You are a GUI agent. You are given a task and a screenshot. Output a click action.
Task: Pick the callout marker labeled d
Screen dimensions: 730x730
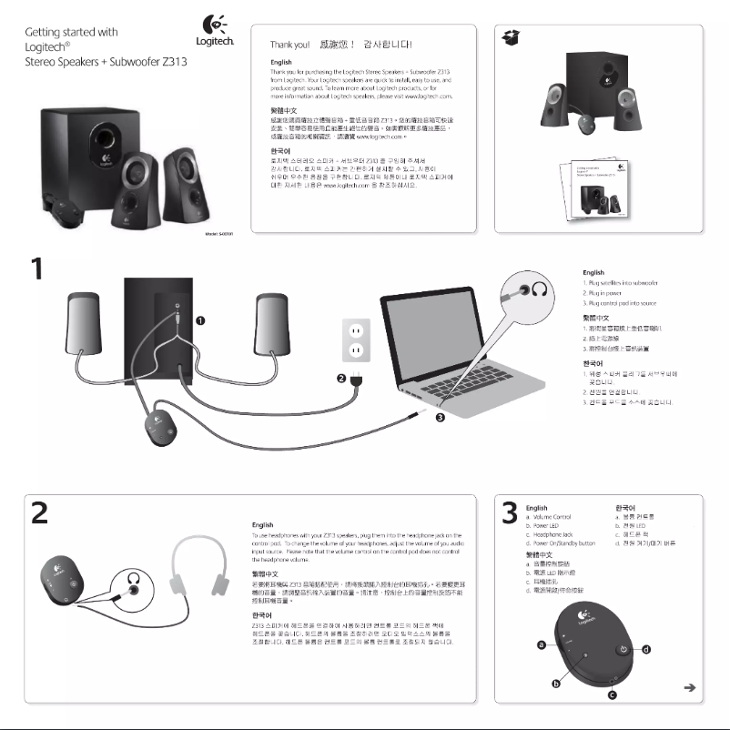click(x=646, y=649)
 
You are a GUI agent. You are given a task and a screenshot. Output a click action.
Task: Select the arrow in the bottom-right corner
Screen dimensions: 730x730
click(x=690, y=687)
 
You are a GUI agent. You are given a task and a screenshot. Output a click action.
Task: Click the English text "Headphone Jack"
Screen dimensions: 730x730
click(x=554, y=534)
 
